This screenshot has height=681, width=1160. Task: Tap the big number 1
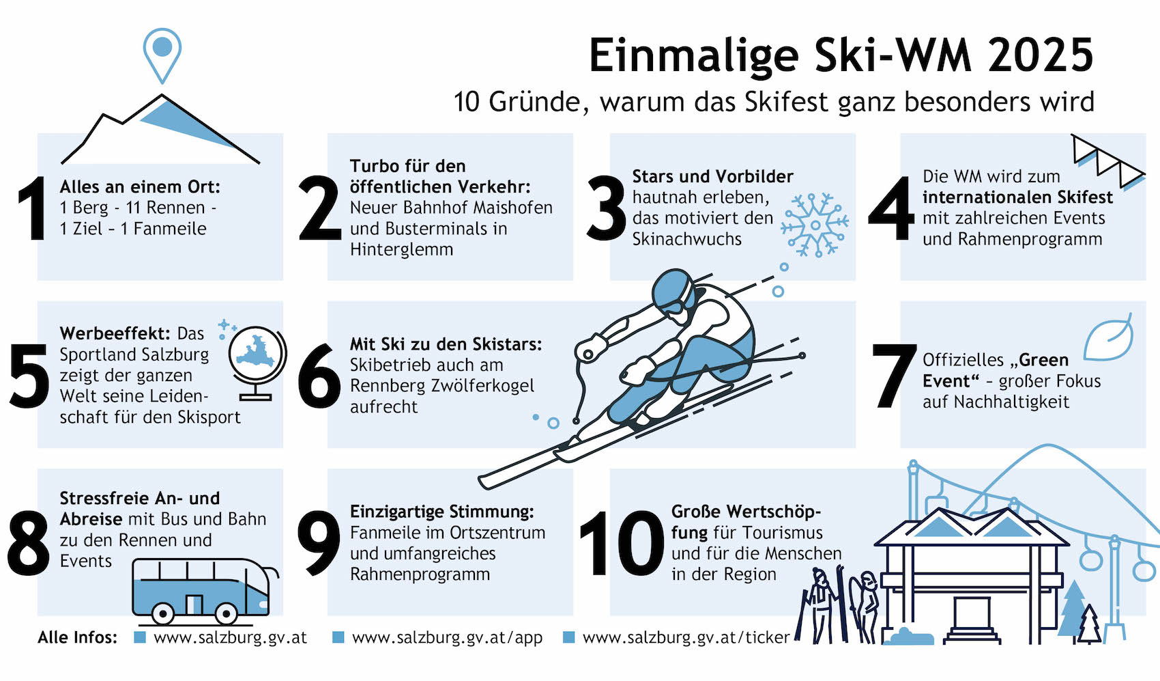pyautogui.click(x=33, y=208)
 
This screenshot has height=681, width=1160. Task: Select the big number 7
pyautogui.click(x=893, y=375)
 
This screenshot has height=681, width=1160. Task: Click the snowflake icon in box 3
pyautogui.click(x=815, y=225)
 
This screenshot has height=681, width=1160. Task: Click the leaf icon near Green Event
pyautogui.click(x=1109, y=337)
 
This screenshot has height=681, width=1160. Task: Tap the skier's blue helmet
pyautogui.click(x=673, y=291)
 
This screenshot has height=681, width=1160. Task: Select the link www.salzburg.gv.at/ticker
pyautogui.click(x=686, y=637)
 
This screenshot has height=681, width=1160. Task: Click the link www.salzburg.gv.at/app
pyautogui.click(x=447, y=637)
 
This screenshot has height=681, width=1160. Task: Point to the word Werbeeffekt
pyautogui.click(x=115, y=333)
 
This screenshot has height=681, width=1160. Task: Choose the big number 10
pyautogui.click(x=622, y=542)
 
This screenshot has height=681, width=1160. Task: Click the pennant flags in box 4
pyautogui.click(x=1107, y=161)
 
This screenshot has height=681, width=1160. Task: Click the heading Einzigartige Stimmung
pyautogui.click(x=441, y=512)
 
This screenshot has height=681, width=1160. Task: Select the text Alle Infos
pyautogui.click(x=78, y=637)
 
